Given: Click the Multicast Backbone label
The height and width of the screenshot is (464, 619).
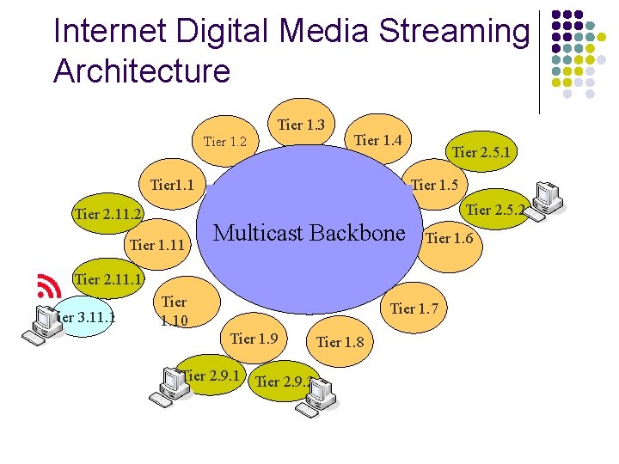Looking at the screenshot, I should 308,234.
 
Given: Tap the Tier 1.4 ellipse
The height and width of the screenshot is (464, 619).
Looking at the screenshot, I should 377,140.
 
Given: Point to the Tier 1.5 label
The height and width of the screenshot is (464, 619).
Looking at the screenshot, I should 434,185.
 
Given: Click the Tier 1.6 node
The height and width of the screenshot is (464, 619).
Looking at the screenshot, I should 449,239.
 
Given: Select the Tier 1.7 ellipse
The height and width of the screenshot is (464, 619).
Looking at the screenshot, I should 414,308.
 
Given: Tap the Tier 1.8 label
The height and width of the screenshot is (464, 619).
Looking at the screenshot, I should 340,342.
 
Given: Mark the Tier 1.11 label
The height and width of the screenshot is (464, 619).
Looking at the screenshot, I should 157,246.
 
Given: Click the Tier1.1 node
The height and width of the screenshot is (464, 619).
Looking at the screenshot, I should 171,185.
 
